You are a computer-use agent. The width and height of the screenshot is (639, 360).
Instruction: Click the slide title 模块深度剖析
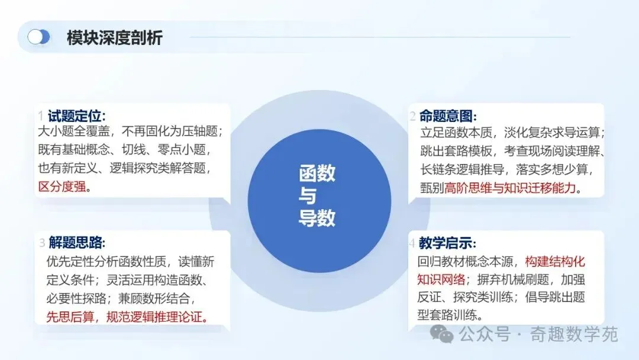(115, 37)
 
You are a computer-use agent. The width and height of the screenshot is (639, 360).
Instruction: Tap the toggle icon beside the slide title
(38, 37)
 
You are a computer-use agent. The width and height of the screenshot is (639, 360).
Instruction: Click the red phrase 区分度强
(62, 187)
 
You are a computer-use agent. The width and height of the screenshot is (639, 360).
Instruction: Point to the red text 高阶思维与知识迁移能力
(510, 188)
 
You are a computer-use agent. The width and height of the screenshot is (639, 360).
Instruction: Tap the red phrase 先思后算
(70, 317)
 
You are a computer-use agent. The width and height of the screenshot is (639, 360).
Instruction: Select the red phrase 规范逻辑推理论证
(154, 317)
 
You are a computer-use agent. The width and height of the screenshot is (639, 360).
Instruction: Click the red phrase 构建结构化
(555, 261)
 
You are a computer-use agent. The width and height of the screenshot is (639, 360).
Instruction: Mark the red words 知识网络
(441, 279)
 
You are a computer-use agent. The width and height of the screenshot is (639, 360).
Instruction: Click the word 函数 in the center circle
(317, 173)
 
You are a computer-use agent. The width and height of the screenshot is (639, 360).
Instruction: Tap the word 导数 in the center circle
(317, 218)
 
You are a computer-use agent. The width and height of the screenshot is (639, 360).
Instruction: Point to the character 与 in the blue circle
(308, 196)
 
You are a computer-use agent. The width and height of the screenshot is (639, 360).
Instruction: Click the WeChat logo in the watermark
(442, 334)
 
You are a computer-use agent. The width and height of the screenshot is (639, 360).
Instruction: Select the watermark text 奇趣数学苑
(574, 335)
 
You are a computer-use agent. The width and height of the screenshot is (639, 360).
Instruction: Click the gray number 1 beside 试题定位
(41, 116)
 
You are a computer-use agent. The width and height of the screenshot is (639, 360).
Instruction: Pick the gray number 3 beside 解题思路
(42, 243)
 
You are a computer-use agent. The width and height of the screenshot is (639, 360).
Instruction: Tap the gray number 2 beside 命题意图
(413, 117)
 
